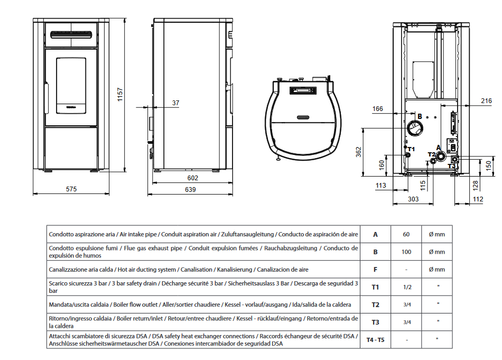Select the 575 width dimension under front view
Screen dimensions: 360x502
point(71,189)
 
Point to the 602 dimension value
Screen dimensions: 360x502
point(193,179)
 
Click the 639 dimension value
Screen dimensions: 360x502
point(190,189)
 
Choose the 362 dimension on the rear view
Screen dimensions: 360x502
point(358,153)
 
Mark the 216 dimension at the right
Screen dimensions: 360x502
point(486,100)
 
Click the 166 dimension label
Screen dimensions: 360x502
point(377,109)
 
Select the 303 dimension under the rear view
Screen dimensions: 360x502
point(413,199)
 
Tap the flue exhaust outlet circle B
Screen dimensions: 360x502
point(415,127)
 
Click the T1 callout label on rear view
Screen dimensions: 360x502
point(411,150)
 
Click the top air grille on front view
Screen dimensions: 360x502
point(71,34)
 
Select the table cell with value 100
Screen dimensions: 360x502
point(406,252)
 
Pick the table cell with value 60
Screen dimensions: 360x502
point(406,234)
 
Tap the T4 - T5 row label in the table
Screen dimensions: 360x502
point(375,339)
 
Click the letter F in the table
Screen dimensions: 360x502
point(375,270)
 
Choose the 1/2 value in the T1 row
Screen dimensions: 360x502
point(407,287)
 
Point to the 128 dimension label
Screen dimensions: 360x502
point(475,184)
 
